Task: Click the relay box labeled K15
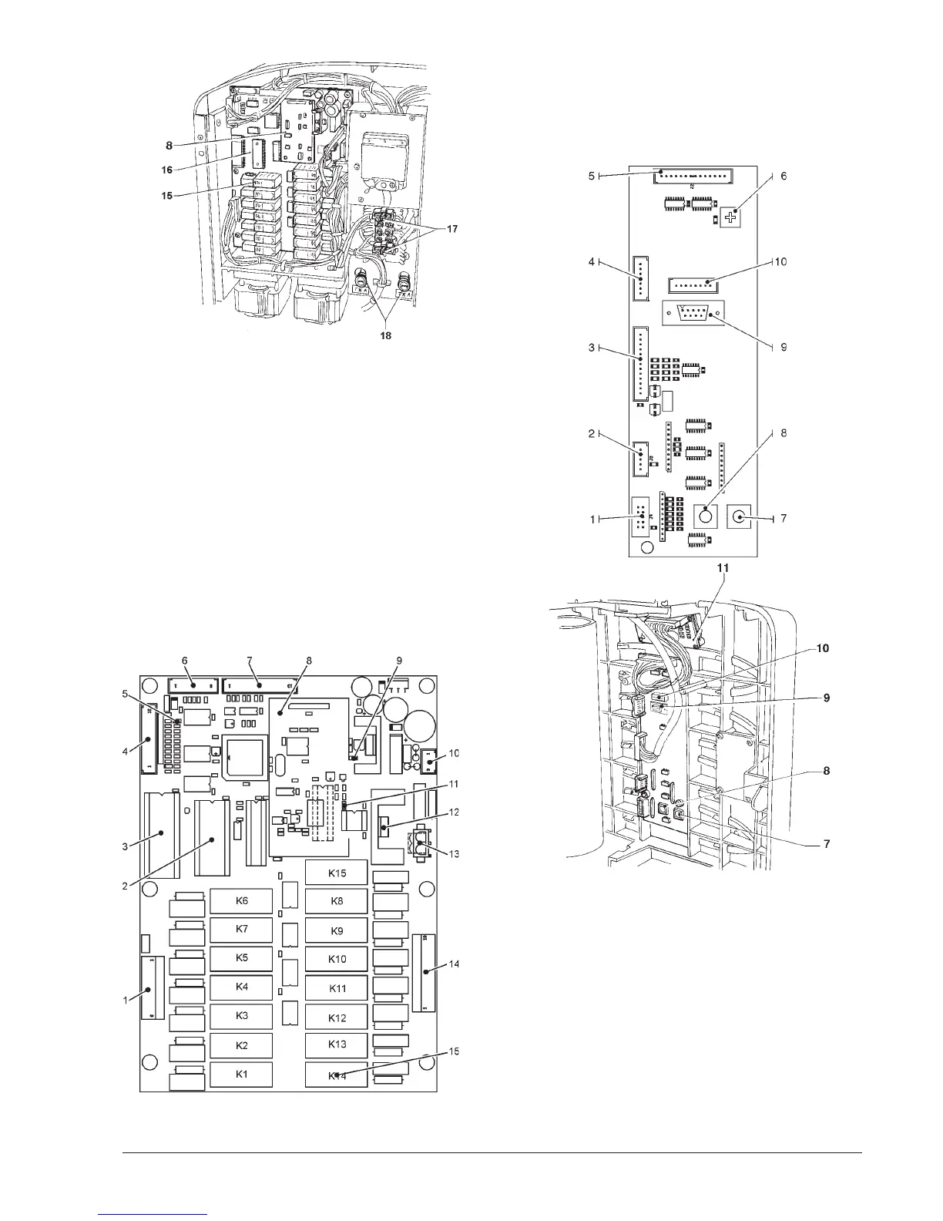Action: pos(337,873)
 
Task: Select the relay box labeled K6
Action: pos(241,900)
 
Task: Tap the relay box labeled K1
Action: pos(241,1074)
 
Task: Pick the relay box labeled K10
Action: pos(337,959)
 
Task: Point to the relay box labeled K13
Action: pos(337,1044)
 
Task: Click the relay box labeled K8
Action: pos(337,901)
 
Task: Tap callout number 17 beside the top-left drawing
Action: pos(449,229)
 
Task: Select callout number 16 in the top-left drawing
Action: pos(167,170)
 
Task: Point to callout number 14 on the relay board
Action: pos(454,964)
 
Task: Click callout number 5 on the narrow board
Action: pos(592,176)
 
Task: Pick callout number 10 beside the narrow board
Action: pos(780,262)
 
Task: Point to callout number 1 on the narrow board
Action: pos(592,520)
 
